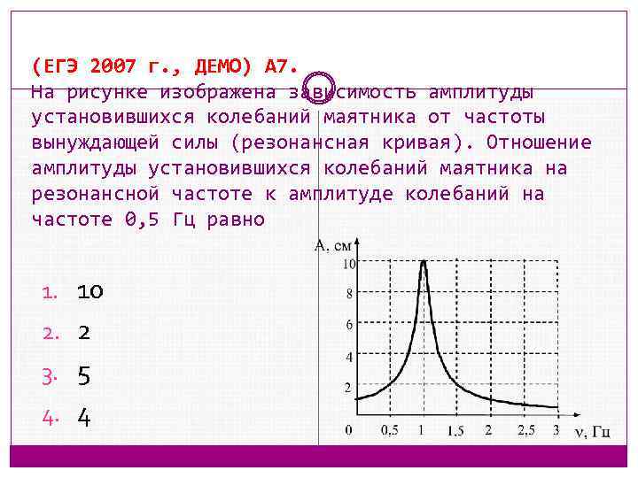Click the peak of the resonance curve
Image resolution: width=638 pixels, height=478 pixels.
[424, 261]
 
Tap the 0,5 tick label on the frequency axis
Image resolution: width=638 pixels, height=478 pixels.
[389, 430]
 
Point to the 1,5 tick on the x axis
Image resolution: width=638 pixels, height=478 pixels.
[455, 430]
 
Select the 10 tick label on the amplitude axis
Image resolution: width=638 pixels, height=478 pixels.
[349, 264]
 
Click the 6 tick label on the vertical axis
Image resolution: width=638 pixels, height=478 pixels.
[349, 325]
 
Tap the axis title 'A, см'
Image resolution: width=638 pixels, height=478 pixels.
[333, 246]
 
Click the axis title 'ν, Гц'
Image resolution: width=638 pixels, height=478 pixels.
[591, 431]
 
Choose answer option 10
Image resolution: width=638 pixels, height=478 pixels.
[89, 291]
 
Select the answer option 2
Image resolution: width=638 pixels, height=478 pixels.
[83, 333]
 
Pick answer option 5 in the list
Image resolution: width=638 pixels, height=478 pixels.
[83, 375]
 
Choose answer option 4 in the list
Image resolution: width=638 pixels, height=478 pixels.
[83, 417]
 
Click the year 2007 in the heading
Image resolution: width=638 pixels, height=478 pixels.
[113, 66]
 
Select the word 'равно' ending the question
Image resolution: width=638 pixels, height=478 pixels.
[236, 219]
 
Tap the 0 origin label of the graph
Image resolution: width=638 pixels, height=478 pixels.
[348, 430]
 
